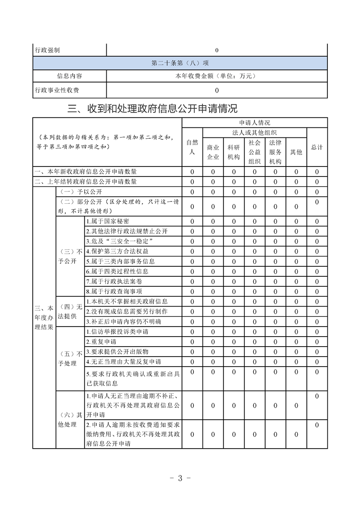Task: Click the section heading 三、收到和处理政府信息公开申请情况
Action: pos(152,109)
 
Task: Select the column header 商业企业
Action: pos(213,152)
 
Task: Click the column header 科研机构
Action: pos(234,152)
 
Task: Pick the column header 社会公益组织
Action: pos(255,152)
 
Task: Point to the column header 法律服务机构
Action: pos(275,152)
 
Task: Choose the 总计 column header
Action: pos(317,147)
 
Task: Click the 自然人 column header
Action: pos(192,147)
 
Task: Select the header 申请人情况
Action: pos(255,122)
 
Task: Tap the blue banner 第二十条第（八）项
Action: pos(180,63)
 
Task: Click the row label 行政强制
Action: pos(47,50)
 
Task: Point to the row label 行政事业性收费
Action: pos(57,90)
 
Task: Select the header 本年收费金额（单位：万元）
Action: pos(217,76)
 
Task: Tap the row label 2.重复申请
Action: pos(101,342)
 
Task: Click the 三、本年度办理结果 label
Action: pos(44,317)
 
